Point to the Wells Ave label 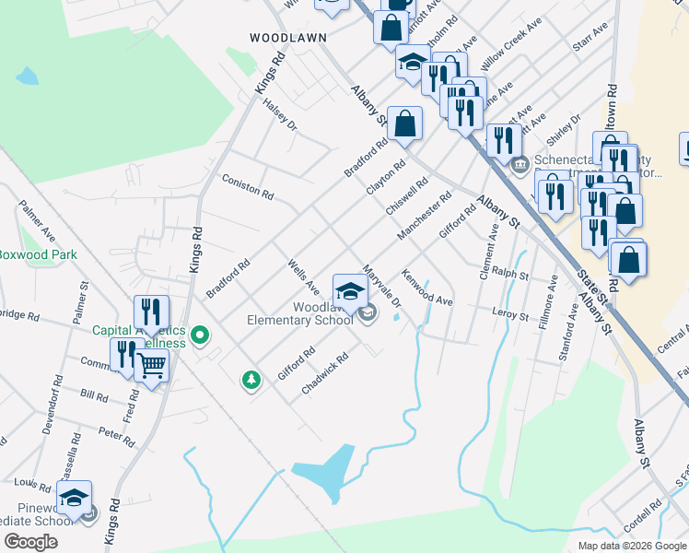point(303,273)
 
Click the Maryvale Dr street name point(382,286)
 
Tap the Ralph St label point(509,275)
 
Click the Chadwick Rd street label point(325,375)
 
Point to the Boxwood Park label point(37,254)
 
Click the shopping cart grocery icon point(152,365)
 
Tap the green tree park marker point(250,379)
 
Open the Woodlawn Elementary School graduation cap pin point(349,290)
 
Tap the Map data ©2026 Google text point(631,545)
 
